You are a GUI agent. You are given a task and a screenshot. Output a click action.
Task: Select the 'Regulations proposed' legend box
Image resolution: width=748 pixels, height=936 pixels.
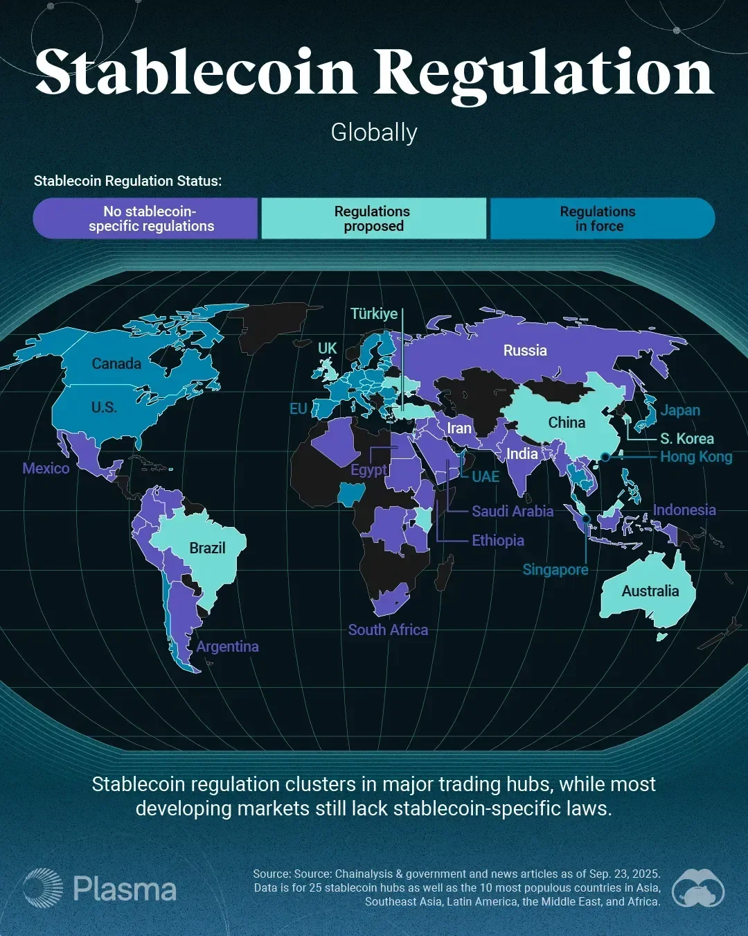[x=373, y=218]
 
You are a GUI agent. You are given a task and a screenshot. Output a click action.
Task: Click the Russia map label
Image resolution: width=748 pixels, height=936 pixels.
[x=525, y=351]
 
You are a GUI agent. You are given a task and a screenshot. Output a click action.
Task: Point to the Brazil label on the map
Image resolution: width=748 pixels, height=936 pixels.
[x=207, y=548]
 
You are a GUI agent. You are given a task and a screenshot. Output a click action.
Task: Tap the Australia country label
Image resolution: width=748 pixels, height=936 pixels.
[x=650, y=591]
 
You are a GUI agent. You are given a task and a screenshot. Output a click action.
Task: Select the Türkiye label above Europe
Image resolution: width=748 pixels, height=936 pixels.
[x=374, y=313]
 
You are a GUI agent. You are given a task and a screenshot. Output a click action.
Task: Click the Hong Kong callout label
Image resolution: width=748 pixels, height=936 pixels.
[x=695, y=457]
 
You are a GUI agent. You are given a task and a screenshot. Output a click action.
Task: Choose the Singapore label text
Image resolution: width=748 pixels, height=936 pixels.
[x=555, y=570]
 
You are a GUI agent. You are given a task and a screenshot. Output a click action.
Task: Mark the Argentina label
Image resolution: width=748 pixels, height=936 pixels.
[x=227, y=647]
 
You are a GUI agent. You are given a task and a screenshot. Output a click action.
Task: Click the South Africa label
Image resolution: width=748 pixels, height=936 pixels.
[x=388, y=630]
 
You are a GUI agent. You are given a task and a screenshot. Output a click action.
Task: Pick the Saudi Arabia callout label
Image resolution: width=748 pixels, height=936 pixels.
[x=513, y=512]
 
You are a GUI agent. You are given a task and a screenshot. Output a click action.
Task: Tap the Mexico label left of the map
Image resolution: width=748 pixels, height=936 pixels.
[x=46, y=469]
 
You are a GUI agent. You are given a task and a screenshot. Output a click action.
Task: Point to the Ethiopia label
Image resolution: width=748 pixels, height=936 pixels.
[x=497, y=541]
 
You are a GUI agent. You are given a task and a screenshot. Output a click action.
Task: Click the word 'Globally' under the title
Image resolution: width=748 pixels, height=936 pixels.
[x=374, y=132]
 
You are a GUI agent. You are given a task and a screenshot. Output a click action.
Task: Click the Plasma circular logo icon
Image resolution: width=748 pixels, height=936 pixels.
[x=43, y=888]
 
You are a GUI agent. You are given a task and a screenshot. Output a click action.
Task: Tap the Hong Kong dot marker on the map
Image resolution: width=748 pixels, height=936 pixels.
[x=605, y=457]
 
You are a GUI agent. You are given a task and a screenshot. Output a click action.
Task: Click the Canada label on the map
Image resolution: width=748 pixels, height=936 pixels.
[x=116, y=364]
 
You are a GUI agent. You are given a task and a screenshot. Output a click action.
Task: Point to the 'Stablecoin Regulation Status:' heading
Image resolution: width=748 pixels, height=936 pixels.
[x=128, y=181]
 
